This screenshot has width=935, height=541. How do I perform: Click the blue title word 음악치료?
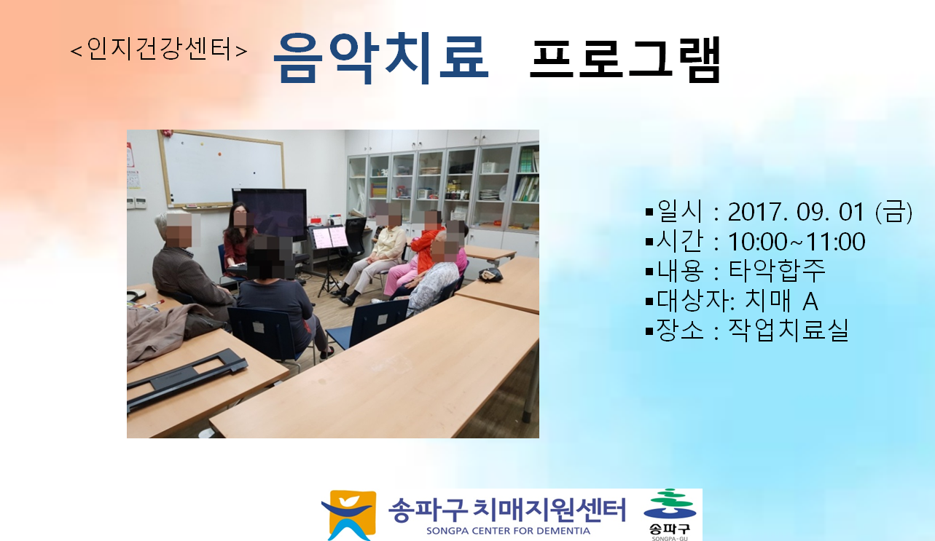(x=380, y=58)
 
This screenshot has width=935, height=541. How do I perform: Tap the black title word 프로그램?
(x=625, y=59)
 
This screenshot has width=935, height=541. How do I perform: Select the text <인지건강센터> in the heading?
(x=159, y=50)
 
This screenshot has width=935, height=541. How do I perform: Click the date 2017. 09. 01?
(x=796, y=212)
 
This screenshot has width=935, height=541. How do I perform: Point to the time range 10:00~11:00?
(x=797, y=242)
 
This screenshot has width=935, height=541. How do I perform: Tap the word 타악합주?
(x=777, y=271)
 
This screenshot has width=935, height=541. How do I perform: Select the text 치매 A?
(x=781, y=301)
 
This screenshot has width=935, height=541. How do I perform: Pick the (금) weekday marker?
(x=893, y=211)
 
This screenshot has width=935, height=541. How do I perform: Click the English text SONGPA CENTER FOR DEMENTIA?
(x=508, y=531)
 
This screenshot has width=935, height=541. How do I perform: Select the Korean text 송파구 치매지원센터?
(x=507, y=509)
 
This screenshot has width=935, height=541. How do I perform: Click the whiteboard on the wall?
(x=222, y=169)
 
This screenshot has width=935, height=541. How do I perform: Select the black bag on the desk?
(x=490, y=274)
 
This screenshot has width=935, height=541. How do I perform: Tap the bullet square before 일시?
(x=649, y=212)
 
